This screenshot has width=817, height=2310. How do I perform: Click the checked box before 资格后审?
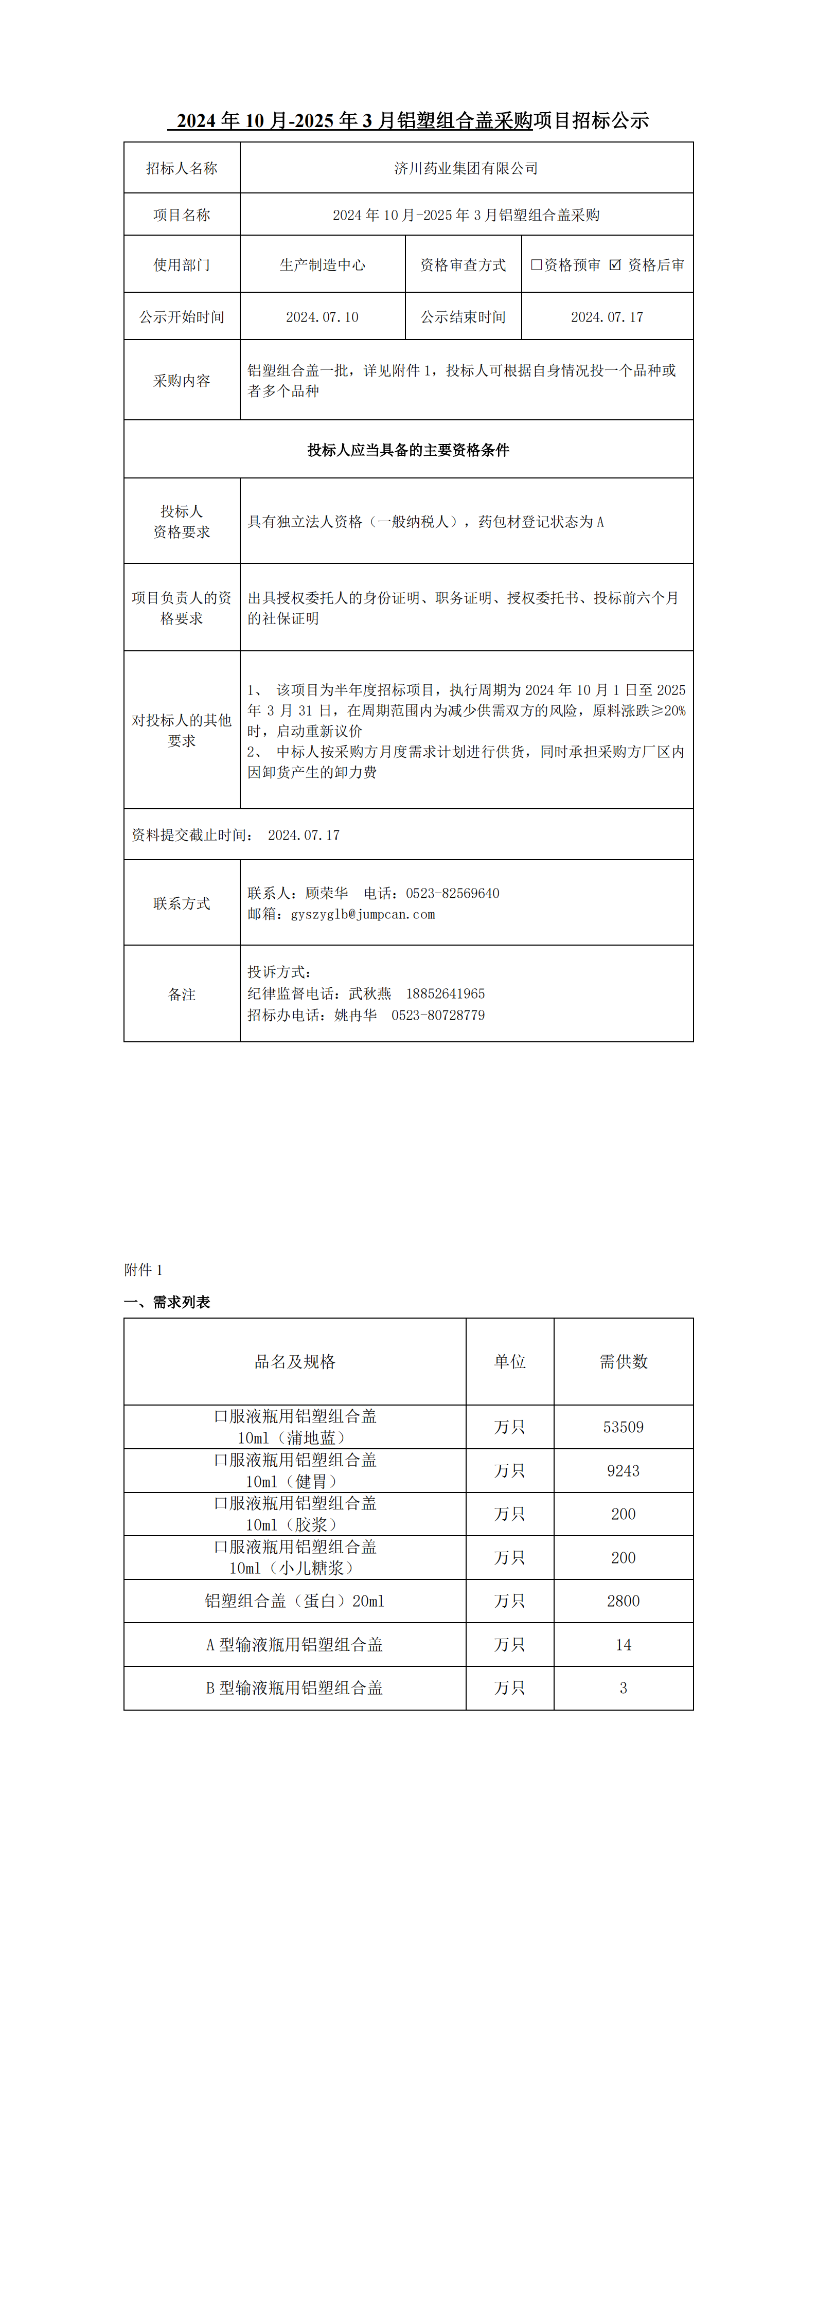(x=614, y=264)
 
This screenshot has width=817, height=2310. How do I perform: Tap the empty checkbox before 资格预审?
(x=536, y=264)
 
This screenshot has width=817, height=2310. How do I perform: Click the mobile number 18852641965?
(x=445, y=993)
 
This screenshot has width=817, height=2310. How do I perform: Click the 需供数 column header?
(x=623, y=1361)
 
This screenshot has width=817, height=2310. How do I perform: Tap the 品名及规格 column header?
(x=295, y=1361)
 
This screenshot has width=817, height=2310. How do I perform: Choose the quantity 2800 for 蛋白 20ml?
(x=623, y=1601)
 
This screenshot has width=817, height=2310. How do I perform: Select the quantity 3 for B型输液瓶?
(x=623, y=1687)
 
